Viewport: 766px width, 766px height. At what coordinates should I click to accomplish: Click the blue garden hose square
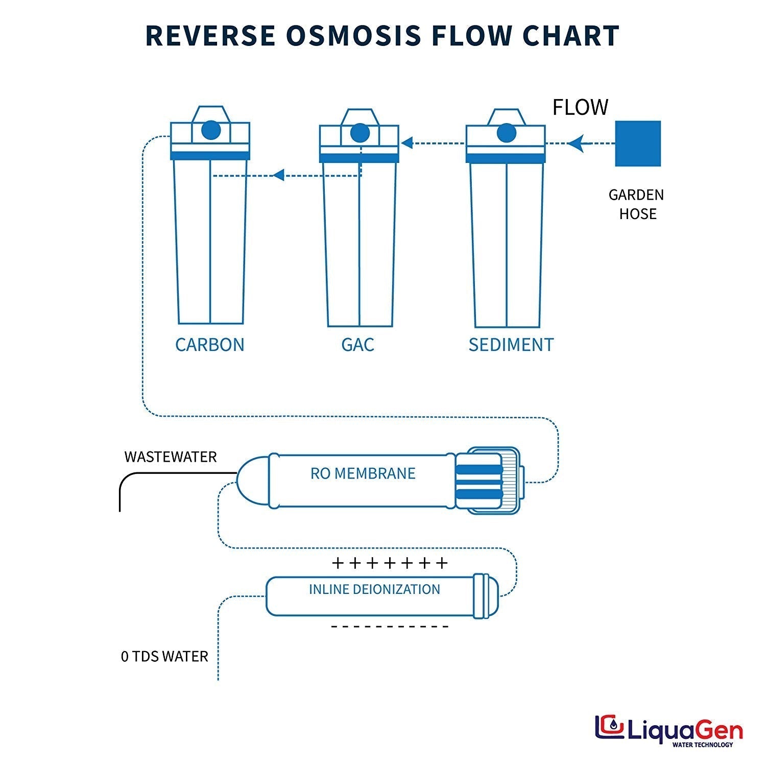click(637, 143)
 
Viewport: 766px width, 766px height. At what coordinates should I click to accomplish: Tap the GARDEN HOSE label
click(636, 204)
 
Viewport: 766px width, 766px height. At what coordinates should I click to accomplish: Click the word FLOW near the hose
click(580, 108)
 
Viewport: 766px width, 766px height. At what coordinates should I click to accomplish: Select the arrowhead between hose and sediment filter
click(576, 143)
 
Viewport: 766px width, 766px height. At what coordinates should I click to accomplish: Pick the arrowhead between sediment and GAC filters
click(407, 143)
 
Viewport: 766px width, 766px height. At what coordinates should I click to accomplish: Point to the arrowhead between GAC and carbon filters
click(278, 176)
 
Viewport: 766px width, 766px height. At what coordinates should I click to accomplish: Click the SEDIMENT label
click(511, 345)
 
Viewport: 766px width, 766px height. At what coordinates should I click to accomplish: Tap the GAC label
click(357, 345)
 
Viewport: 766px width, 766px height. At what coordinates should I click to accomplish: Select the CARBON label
click(209, 345)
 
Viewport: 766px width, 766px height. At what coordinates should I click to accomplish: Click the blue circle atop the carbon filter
click(211, 130)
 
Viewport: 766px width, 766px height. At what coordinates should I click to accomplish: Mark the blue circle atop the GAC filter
click(360, 133)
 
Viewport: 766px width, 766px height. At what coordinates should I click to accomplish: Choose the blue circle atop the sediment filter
click(506, 133)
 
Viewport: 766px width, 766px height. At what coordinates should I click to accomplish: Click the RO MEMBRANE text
click(363, 473)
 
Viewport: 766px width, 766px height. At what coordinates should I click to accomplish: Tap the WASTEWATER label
click(171, 457)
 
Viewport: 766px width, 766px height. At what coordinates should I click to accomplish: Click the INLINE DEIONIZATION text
click(374, 589)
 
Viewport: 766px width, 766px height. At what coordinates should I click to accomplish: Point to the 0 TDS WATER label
click(164, 656)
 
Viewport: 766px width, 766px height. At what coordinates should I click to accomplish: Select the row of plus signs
click(390, 563)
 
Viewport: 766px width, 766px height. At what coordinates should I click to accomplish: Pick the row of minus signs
click(390, 627)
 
